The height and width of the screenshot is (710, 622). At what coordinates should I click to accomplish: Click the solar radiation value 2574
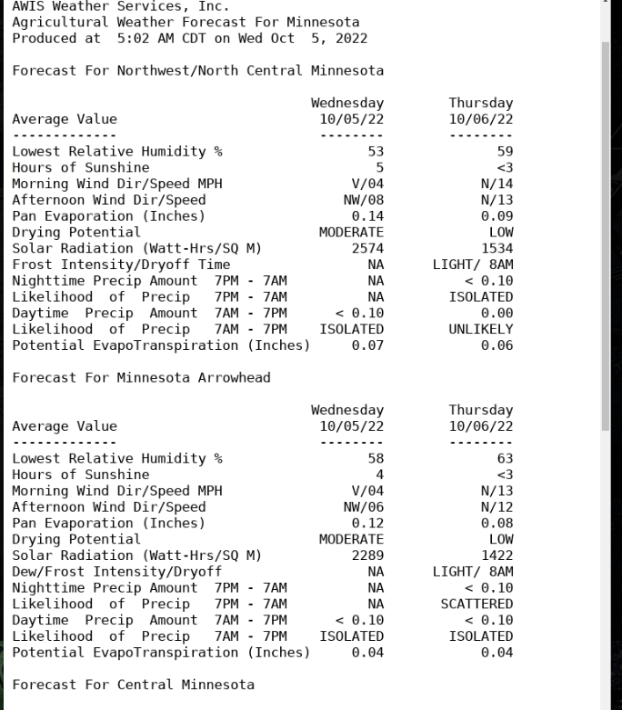[368, 248]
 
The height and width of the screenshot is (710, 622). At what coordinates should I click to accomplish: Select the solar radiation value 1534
[497, 248]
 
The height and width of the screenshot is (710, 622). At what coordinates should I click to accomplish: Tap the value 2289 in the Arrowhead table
[368, 555]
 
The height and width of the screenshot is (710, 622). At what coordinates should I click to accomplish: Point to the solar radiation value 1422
[497, 555]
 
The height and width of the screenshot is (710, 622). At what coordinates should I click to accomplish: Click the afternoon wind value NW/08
[361, 200]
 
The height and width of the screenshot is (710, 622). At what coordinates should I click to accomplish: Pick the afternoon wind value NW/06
[361, 507]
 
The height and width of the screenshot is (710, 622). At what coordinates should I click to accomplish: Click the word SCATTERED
[481, 604]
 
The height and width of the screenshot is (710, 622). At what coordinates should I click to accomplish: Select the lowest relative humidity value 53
[376, 152]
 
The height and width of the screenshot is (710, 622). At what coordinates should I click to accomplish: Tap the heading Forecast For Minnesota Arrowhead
[141, 377]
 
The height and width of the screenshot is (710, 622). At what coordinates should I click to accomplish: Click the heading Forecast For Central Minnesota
[133, 685]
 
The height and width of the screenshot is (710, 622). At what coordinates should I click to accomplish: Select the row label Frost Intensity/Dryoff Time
[121, 265]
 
